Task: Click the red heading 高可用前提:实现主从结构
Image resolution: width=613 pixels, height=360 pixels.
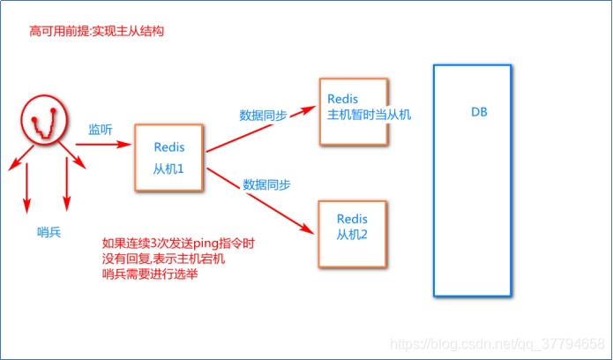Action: click(96, 31)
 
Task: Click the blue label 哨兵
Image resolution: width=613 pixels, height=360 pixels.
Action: click(49, 232)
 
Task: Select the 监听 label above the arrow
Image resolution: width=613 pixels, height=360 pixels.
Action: click(101, 130)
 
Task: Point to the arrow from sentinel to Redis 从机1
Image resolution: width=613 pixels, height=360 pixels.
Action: click(103, 145)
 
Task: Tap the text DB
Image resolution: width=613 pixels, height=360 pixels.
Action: click(479, 112)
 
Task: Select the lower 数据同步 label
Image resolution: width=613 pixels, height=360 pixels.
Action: click(266, 184)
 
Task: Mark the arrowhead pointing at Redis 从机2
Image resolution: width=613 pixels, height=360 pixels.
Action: click(307, 229)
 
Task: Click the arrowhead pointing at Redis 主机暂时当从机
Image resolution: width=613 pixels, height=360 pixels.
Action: click(308, 109)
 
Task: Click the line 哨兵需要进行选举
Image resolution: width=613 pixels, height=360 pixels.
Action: click(150, 274)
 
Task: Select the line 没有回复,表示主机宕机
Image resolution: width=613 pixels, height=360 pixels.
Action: click(163, 259)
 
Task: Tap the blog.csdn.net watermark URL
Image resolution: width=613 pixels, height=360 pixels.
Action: click(497, 344)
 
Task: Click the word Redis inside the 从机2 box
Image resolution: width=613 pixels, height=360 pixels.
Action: click(352, 218)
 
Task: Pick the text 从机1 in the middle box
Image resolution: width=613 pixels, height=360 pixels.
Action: click(168, 169)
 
